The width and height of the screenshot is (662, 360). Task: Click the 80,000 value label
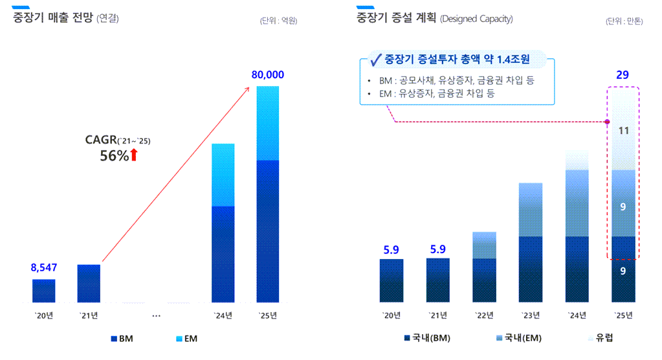point(267,75)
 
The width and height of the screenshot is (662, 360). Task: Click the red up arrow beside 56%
point(134,155)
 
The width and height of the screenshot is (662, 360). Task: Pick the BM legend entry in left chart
point(121,339)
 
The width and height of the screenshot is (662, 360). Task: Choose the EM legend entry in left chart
point(186,339)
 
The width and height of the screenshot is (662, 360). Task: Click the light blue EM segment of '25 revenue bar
point(267,123)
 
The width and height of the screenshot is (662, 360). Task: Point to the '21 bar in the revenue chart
point(89,283)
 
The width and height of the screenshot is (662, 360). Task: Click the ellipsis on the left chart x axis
point(156,315)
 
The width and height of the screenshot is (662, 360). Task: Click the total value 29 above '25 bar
point(622,75)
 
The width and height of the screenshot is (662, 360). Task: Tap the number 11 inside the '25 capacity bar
point(623,131)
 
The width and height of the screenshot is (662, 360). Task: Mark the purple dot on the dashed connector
point(607,122)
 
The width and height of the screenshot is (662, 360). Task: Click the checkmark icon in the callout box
point(375,60)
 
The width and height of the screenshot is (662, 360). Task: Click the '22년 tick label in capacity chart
point(484,315)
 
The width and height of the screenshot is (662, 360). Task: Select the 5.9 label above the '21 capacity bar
point(438,249)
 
